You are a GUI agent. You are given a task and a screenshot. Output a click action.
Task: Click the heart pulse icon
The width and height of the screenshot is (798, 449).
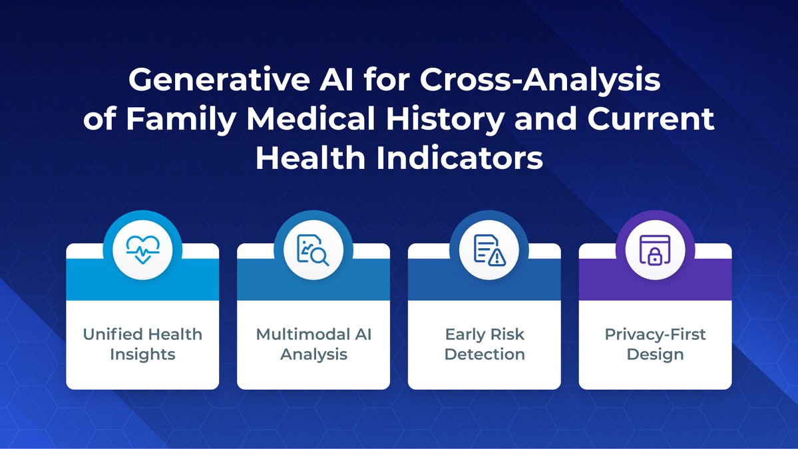[143, 249]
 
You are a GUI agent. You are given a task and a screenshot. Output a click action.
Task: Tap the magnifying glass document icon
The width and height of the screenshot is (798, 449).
[313, 249]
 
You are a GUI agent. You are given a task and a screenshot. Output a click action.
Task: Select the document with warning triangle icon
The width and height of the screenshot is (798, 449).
[489, 249]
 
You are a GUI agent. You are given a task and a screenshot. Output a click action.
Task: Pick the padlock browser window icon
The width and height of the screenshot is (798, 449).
[655, 249]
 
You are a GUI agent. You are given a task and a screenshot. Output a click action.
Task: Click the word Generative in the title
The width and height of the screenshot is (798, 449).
[220, 80]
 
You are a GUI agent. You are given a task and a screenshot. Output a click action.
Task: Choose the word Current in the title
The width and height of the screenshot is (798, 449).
[651, 118]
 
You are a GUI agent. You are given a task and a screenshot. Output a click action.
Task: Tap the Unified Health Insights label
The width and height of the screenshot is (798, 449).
[142, 345]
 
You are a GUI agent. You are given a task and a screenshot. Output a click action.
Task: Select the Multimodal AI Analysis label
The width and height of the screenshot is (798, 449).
[313, 345]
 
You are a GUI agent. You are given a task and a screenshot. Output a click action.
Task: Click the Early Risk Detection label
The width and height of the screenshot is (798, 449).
[485, 345]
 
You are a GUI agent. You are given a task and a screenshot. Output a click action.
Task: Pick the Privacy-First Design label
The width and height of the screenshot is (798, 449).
[656, 345]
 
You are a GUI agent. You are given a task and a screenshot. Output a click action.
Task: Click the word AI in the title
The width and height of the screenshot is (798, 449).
[336, 80]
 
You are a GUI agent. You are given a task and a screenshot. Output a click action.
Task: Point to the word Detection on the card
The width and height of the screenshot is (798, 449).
[485, 354]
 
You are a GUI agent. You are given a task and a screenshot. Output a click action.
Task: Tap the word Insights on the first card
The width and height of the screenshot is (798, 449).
[142, 355]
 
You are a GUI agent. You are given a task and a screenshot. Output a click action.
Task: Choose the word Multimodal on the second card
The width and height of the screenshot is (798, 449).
[299, 334]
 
